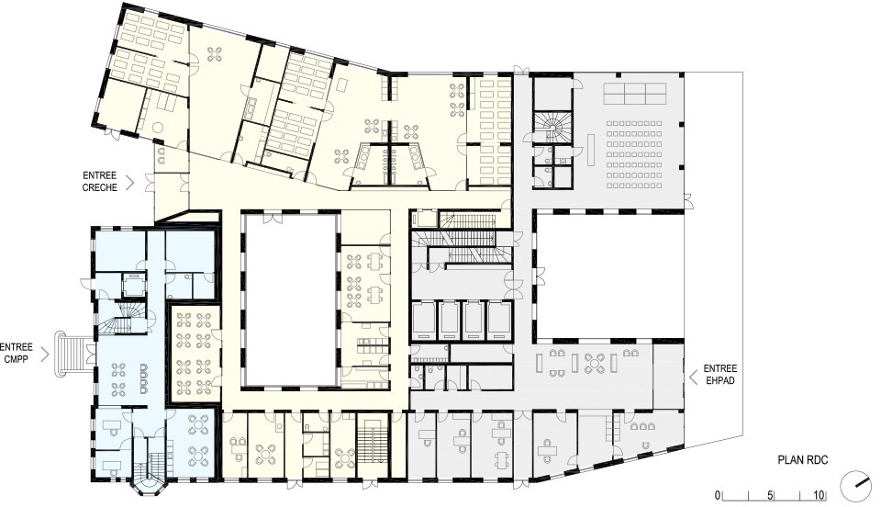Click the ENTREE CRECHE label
tap(99, 182)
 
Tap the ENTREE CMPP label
tap(17, 354)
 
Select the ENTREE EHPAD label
tap(719, 375)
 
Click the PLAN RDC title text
tap(803, 460)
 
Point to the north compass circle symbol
tap(855, 486)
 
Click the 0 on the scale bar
tap(717, 495)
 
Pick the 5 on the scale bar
tap(770, 495)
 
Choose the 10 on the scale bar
tap(819, 495)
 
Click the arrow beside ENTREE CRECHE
tap(129, 182)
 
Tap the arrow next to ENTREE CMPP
tap(46, 355)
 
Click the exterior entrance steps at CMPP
tap(71, 354)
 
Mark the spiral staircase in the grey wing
tap(552, 127)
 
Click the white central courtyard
tap(291, 299)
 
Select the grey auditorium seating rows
tap(633, 153)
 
